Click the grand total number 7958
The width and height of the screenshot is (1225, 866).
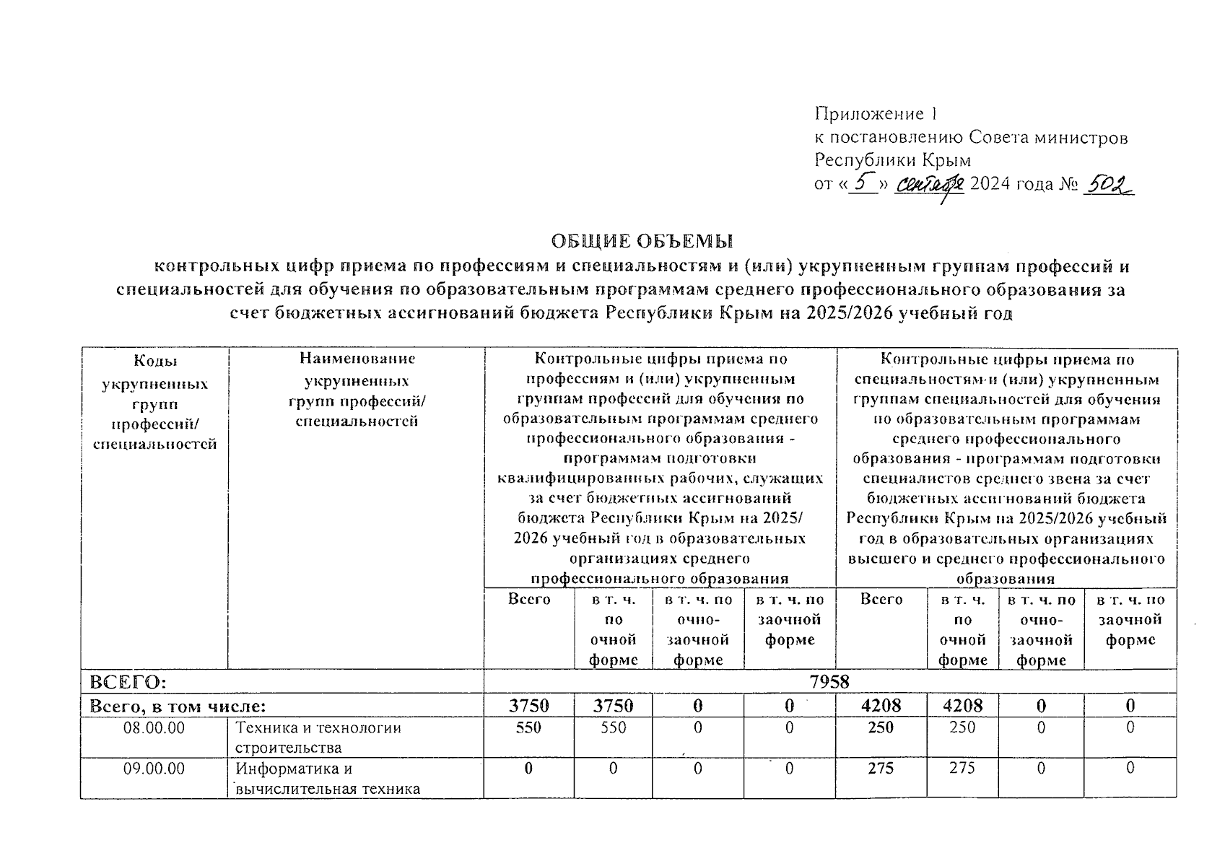(x=829, y=682)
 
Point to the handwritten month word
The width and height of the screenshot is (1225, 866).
(x=930, y=185)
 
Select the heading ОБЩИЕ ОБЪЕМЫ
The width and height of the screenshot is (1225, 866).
(x=642, y=240)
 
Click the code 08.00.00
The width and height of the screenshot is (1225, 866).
(x=154, y=728)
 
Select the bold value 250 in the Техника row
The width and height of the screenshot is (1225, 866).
(x=881, y=728)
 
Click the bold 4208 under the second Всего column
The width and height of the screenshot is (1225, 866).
(x=881, y=706)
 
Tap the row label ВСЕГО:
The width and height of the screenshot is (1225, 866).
(x=127, y=682)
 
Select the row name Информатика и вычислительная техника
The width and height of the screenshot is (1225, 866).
(x=327, y=779)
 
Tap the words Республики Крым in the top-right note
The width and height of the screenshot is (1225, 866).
(x=892, y=159)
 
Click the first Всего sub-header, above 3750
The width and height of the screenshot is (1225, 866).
(x=528, y=600)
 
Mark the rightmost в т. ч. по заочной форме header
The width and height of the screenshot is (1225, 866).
(x=1130, y=620)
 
